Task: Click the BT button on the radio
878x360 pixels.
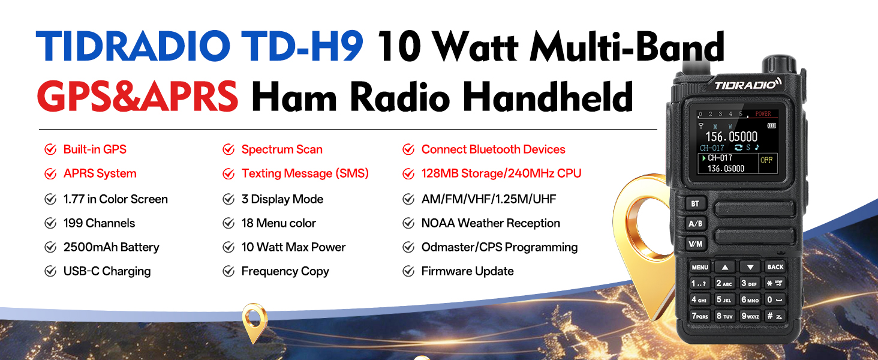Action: tap(696, 203)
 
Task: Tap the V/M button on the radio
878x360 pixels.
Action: tap(696, 244)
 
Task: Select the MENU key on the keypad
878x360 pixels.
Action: tap(700, 268)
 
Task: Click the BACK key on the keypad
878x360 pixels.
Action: tap(775, 267)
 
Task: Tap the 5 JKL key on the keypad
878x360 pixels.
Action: tap(724, 300)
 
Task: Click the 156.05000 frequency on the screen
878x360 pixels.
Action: tap(732, 137)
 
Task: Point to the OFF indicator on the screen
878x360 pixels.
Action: tap(766, 160)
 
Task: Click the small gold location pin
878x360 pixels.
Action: tap(254, 322)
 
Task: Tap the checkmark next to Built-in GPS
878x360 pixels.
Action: tap(50, 149)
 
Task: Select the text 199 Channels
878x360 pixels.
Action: tap(99, 223)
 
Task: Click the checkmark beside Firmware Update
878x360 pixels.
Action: tap(408, 271)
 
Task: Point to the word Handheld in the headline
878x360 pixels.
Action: tap(548, 97)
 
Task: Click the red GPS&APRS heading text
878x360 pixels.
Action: tap(137, 97)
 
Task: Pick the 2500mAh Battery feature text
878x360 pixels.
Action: tap(112, 247)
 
